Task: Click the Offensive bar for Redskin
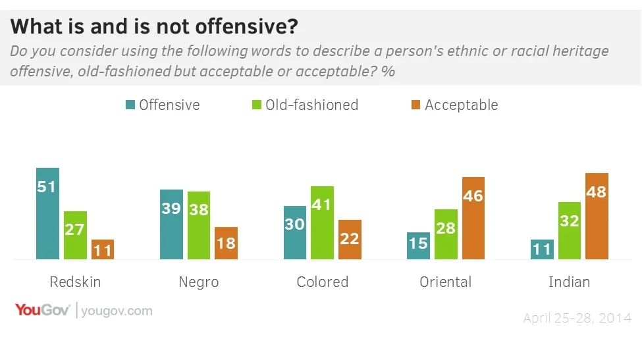pos(47,213)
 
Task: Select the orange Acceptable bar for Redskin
pos(102,249)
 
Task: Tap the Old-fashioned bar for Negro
pos(198,225)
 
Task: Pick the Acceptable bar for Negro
pos(226,243)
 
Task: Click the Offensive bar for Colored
pos(295,232)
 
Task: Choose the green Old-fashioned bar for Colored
pos(322,222)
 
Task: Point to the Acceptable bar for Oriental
pos(473,218)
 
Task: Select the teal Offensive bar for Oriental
pos(418,245)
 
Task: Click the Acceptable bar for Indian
pos(597,216)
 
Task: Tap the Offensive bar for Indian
pos(542,249)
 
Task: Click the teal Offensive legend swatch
pos(130,105)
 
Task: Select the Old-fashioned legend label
pos(311,105)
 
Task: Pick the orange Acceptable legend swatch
pos(415,105)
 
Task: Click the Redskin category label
pos(75,282)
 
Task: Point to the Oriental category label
pos(446,282)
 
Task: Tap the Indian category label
pos(569,282)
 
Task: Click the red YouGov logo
pos(42,310)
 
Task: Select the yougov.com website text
pos(117,311)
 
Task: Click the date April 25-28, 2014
pos(577,319)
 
